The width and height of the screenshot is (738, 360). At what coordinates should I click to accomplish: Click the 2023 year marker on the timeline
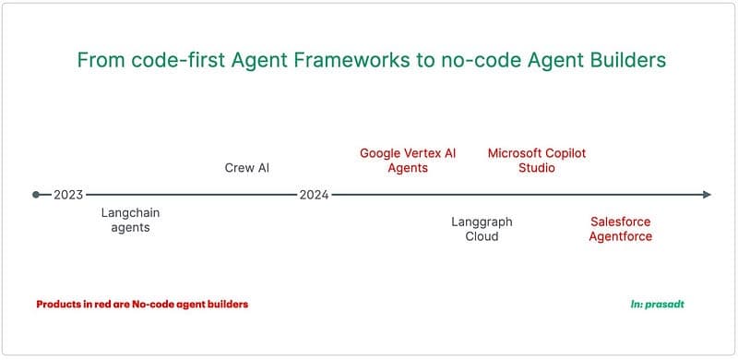[x=68, y=195]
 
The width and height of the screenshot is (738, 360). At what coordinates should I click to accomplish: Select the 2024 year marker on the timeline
[x=314, y=195]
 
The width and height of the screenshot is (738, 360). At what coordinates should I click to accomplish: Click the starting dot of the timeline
[x=36, y=195]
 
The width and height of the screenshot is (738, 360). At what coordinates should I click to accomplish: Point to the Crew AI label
[x=246, y=168]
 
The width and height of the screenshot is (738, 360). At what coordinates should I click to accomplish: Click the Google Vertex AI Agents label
[x=408, y=161]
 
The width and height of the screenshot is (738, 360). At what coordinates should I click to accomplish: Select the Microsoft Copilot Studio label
[x=536, y=161]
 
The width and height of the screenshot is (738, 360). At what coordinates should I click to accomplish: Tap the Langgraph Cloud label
[x=482, y=229]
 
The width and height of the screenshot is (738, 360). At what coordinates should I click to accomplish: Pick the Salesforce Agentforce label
[x=621, y=229]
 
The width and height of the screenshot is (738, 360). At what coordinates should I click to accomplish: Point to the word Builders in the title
[x=622, y=61]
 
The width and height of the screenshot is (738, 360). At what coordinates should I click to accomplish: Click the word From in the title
[x=99, y=61]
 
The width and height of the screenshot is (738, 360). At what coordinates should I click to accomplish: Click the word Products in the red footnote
[x=60, y=304]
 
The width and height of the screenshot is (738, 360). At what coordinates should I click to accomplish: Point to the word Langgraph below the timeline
[x=482, y=222]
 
